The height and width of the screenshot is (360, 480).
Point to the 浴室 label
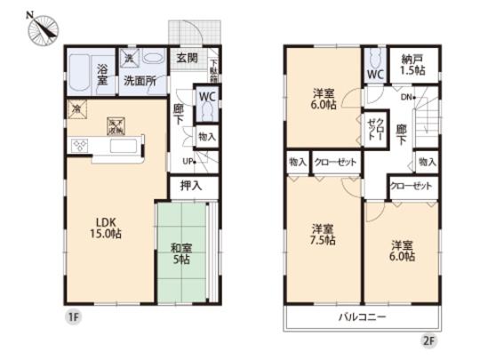tap(102, 73)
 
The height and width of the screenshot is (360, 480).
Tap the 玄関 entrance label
tap(188, 60)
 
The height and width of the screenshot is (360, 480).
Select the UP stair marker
tap(188, 161)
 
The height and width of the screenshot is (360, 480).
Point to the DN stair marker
tap(408, 97)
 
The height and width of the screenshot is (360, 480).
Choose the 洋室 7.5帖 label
tap(322, 233)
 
